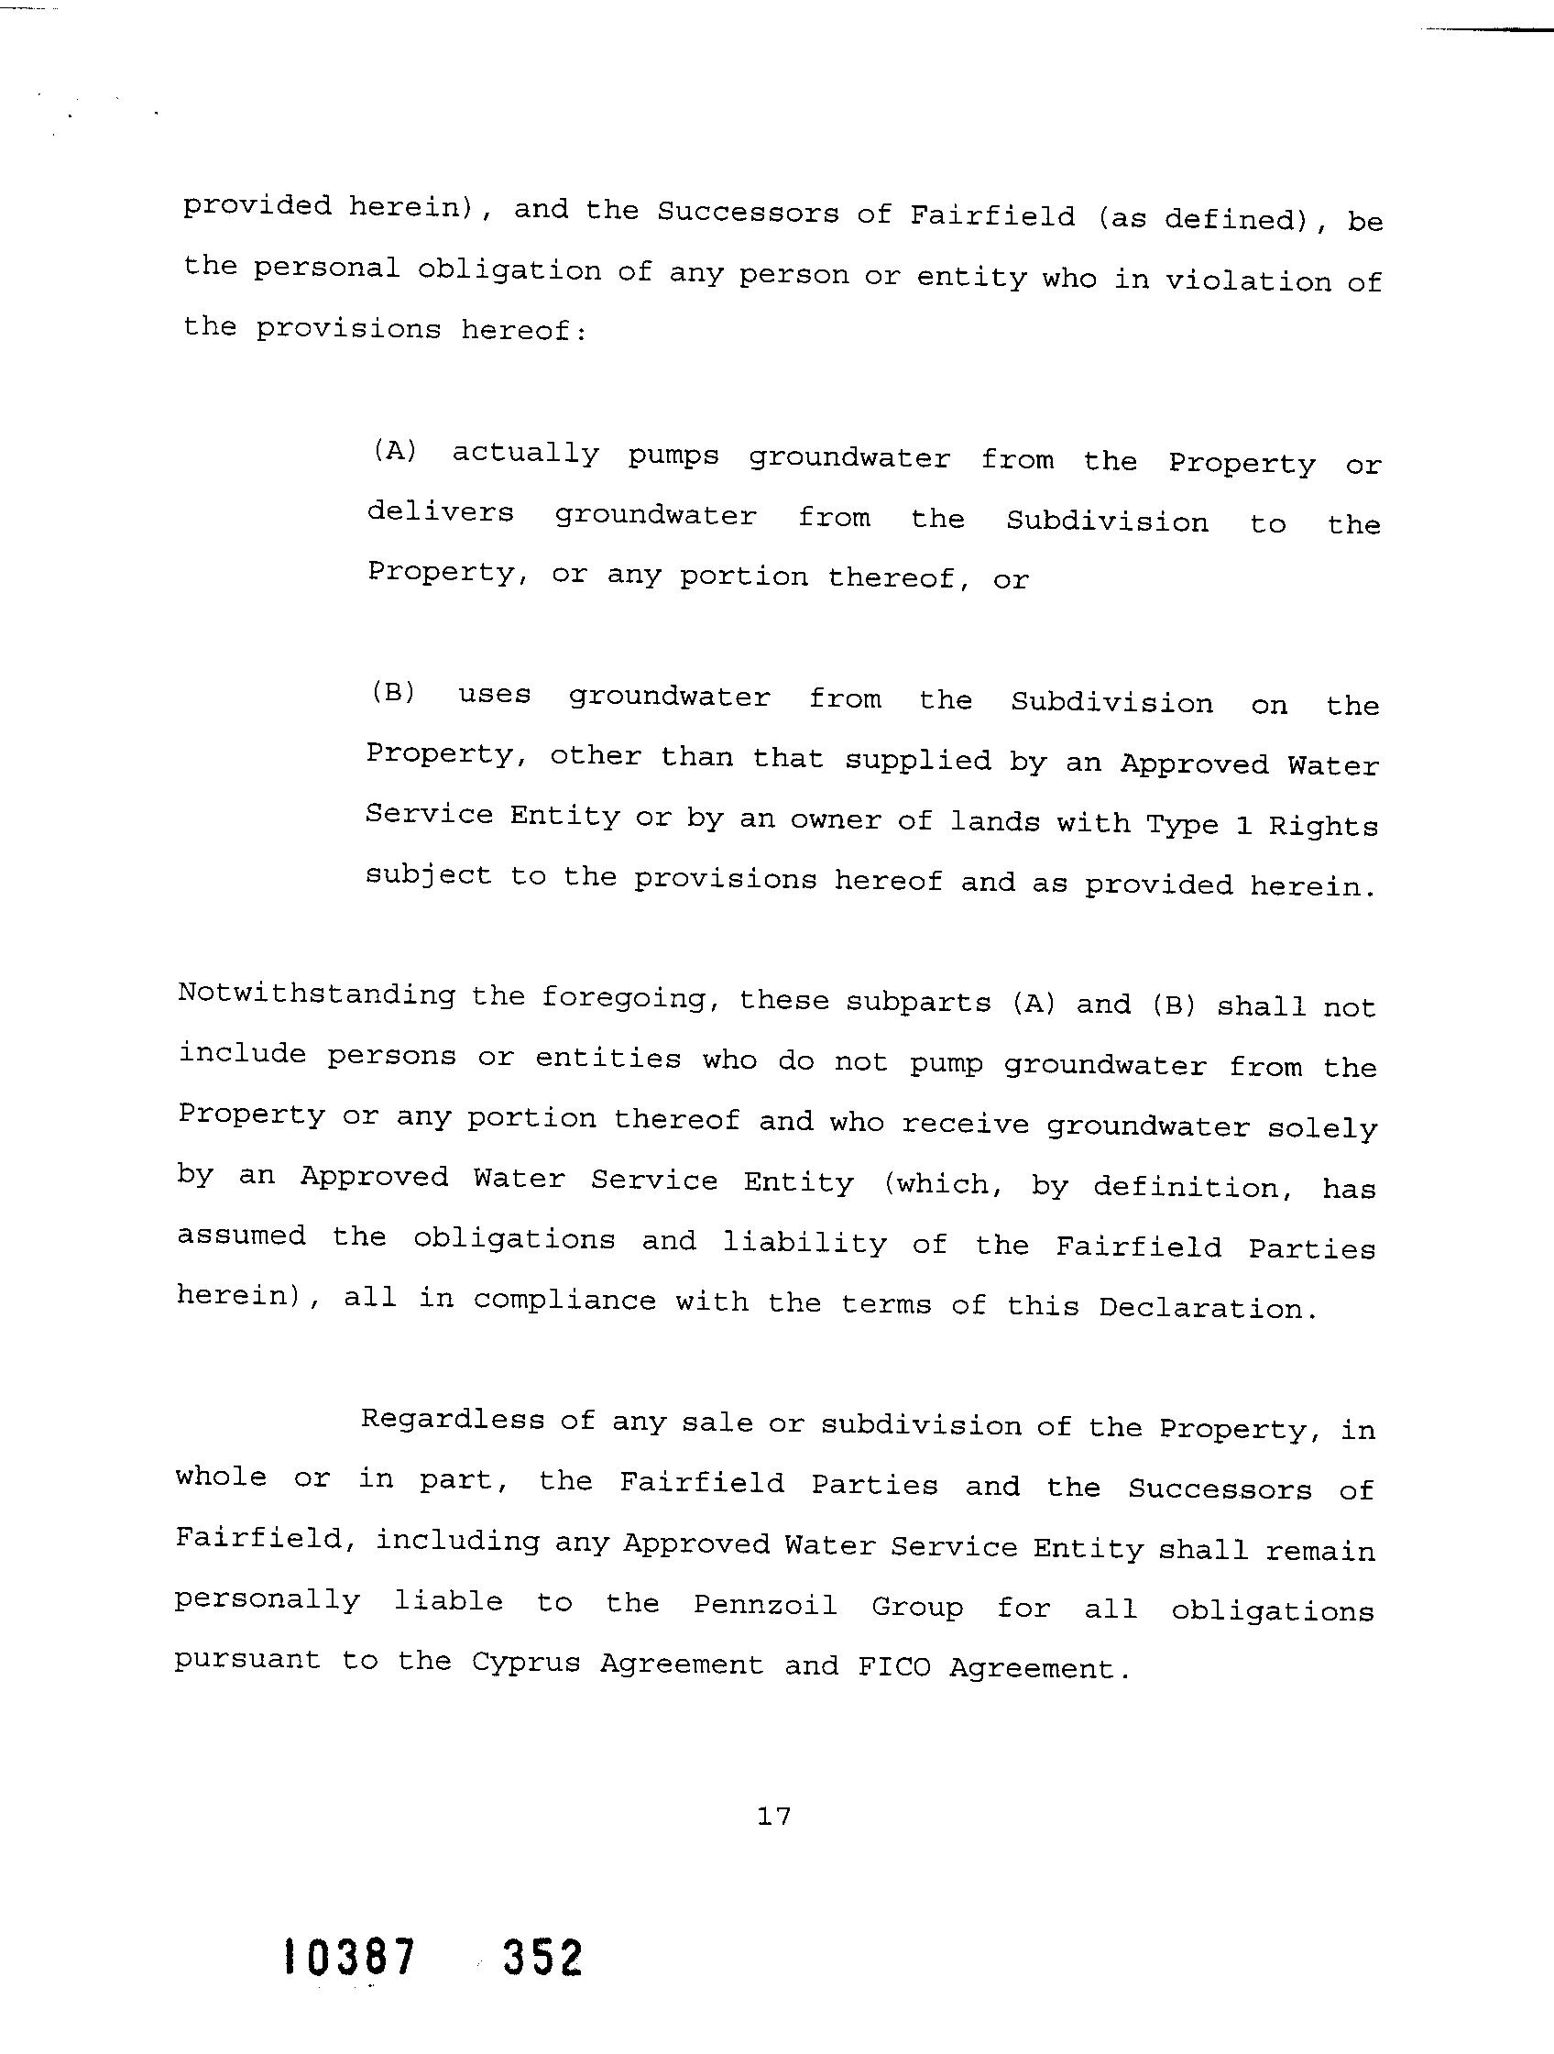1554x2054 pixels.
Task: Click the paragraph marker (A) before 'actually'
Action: click(395, 451)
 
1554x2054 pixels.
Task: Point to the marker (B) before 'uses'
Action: click(394, 693)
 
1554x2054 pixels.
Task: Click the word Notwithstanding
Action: click(316, 994)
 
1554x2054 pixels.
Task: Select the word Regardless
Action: click(452, 1419)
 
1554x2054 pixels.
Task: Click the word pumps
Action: click(673, 456)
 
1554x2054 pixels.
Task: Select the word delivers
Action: click(440, 512)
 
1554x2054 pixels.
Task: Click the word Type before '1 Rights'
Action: click(1182, 824)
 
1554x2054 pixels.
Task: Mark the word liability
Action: click(804, 1243)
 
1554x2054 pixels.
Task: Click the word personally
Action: click(268, 1600)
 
